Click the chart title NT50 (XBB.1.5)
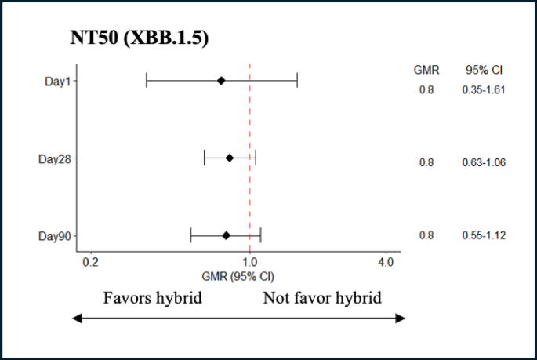point(137,38)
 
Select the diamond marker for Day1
point(221,80)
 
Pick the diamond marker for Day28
point(229,158)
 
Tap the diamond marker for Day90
point(226,235)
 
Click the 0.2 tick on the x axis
point(90,262)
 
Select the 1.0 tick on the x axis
point(249,262)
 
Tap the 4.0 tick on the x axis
point(385,262)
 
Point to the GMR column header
point(426,69)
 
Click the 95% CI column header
point(483,69)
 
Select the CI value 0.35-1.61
point(483,89)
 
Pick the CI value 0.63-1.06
point(483,162)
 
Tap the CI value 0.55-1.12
point(483,235)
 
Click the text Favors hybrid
point(153,298)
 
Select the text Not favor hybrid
point(321,298)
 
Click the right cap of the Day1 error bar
point(297,80)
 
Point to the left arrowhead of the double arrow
point(75,318)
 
